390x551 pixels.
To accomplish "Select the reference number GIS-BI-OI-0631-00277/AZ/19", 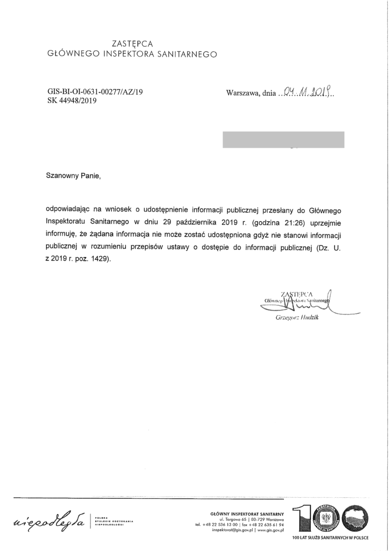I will coord(95,91).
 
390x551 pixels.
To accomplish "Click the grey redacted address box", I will coord(283,139).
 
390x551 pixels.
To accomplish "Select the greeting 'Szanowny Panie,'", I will coord(74,175).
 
